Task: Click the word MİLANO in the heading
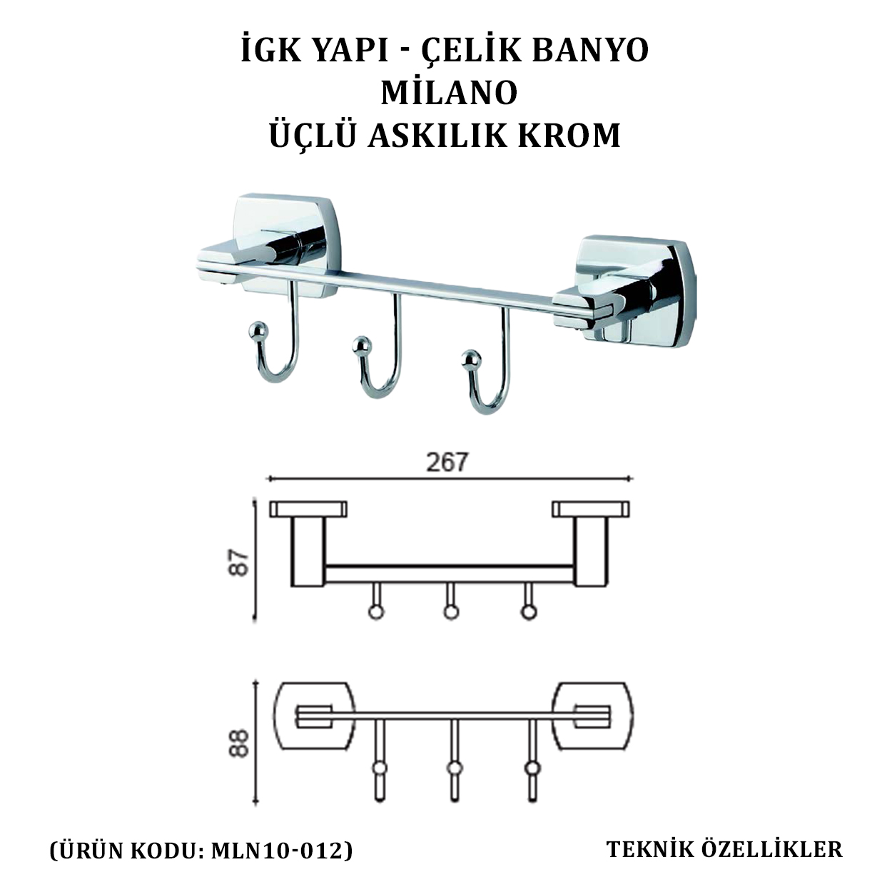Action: pyautogui.click(x=449, y=91)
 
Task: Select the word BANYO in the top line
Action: pyautogui.click(x=590, y=51)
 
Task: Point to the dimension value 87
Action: pyautogui.click(x=239, y=562)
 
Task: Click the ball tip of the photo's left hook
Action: pyautogui.click(x=256, y=329)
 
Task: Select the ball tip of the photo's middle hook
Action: pyautogui.click(x=360, y=345)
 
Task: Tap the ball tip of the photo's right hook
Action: pyautogui.click(x=470, y=359)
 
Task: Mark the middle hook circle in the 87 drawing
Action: pyautogui.click(x=451, y=612)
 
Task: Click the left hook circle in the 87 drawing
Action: pyautogui.click(x=376, y=612)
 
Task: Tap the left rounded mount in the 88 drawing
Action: pyautogui.click(x=315, y=715)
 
